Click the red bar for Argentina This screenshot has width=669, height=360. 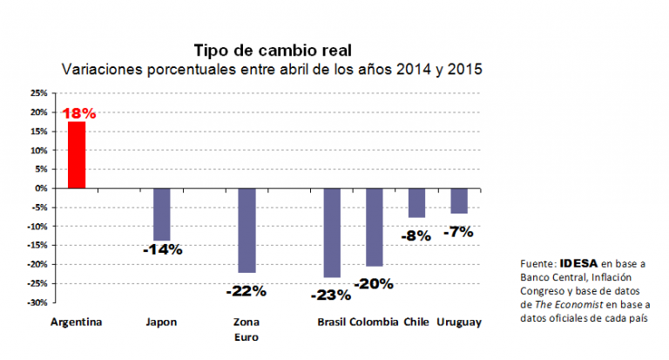(x=77, y=154)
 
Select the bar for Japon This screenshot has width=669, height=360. (x=161, y=214)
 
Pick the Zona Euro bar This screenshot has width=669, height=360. (x=247, y=230)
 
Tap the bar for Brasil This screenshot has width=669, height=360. (x=332, y=233)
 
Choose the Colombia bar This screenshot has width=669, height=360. (x=375, y=227)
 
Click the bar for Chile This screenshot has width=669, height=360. (x=416, y=202)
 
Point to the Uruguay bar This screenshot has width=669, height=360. (x=459, y=200)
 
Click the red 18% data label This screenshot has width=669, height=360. (x=79, y=113)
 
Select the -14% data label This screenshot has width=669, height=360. (x=164, y=249)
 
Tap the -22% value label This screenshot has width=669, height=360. (x=247, y=290)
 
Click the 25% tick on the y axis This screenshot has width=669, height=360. (x=38, y=92)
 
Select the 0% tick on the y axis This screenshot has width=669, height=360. (x=42, y=188)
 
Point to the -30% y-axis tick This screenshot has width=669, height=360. (x=37, y=302)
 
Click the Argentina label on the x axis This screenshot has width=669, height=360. (x=77, y=322)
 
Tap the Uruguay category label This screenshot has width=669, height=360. (x=458, y=322)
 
